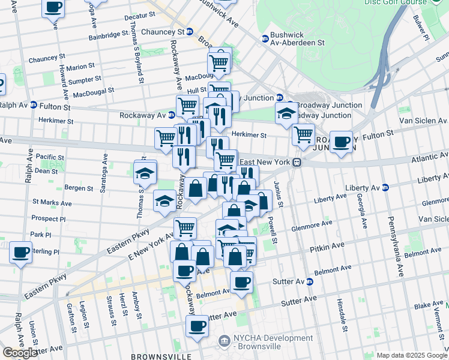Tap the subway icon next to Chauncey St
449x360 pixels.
tap(190, 32)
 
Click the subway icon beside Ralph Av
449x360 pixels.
tap(34, 104)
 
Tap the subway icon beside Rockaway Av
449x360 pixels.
tap(172, 115)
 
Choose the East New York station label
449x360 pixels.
tap(265, 163)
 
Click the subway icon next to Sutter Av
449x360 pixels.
tap(310, 281)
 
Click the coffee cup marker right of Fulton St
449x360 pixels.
tap(342, 142)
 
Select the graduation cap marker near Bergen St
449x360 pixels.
tap(144, 173)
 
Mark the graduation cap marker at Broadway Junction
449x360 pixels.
tap(286, 112)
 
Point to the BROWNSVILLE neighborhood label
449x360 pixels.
tap(161, 356)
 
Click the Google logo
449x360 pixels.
tap(20, 353)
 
